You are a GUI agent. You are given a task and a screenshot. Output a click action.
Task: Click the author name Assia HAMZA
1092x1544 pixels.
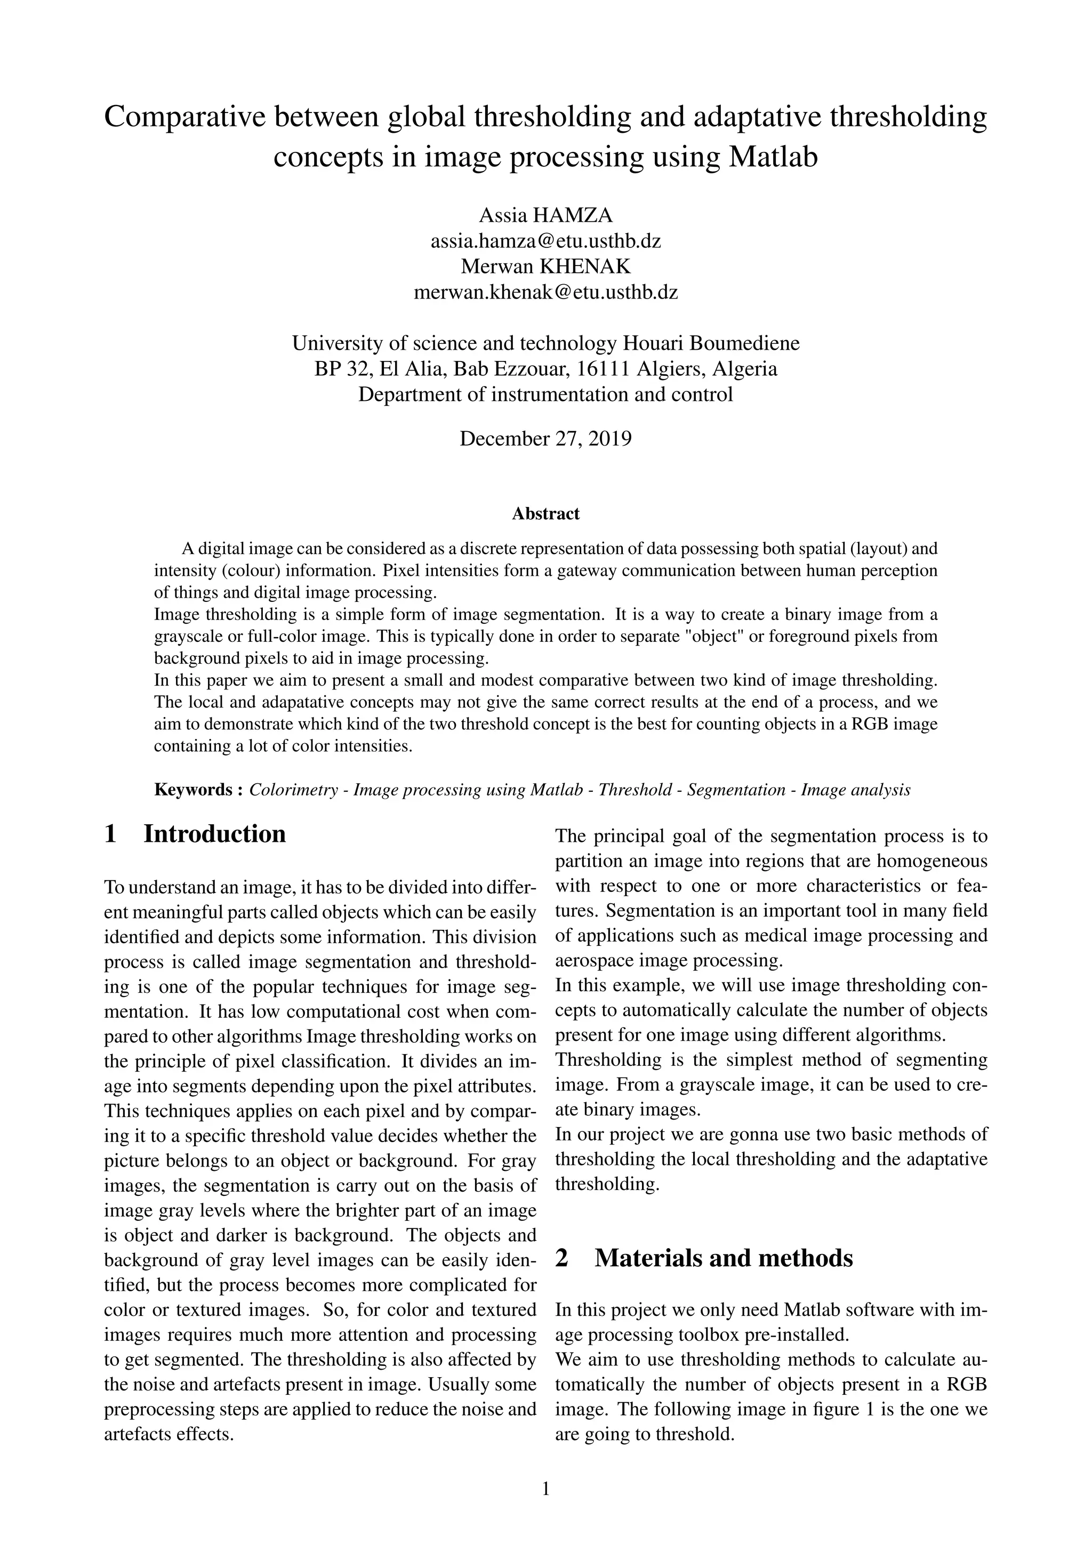(x=545, y=215)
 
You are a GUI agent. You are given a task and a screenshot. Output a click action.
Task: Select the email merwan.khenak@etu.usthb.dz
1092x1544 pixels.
(x=545, y=293)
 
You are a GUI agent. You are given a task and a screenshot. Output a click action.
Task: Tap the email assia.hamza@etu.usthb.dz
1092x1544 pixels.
(x=545, y=241)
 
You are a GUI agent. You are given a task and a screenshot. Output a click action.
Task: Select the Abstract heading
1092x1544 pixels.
(x=545, y=514)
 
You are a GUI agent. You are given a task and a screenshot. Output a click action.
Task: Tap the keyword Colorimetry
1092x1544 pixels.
(x=293, y=790)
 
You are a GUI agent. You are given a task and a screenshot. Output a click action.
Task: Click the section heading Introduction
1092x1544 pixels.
(x=214, y=834)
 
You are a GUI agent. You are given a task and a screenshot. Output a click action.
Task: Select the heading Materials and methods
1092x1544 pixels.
(x=724, y=1258)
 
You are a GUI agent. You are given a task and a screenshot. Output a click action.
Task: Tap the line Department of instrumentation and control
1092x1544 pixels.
(x=545, y=394)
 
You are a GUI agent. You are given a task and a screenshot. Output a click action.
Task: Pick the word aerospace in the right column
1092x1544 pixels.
(x=598, y=960)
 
